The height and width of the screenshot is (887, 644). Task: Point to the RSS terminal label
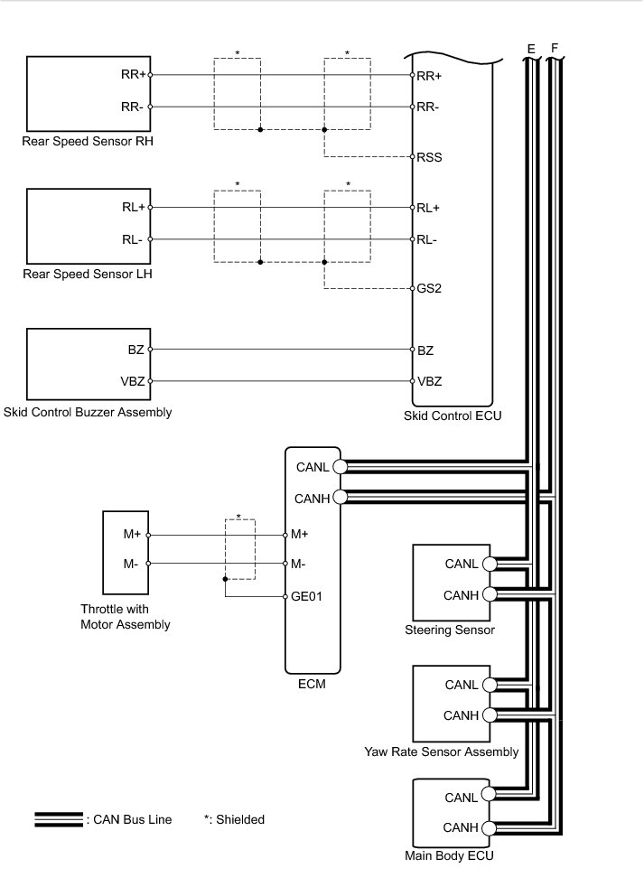click(429, 157)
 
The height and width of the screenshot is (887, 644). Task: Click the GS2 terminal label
click(428, 290)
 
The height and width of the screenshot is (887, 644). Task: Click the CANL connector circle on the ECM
click(340, 467)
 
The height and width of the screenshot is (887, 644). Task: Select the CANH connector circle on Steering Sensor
click(489, 594)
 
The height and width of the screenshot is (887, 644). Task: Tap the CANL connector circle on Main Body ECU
click(489, 795)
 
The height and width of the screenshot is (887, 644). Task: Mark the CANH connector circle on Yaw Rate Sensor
click(489, 715)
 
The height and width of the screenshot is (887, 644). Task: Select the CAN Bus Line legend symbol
click(59, 819)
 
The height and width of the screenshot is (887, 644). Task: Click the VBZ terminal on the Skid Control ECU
click(429, 381)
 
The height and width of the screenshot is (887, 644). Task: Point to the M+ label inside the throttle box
click(132, 534)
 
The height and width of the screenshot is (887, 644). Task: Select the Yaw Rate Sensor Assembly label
click(442, 752)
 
